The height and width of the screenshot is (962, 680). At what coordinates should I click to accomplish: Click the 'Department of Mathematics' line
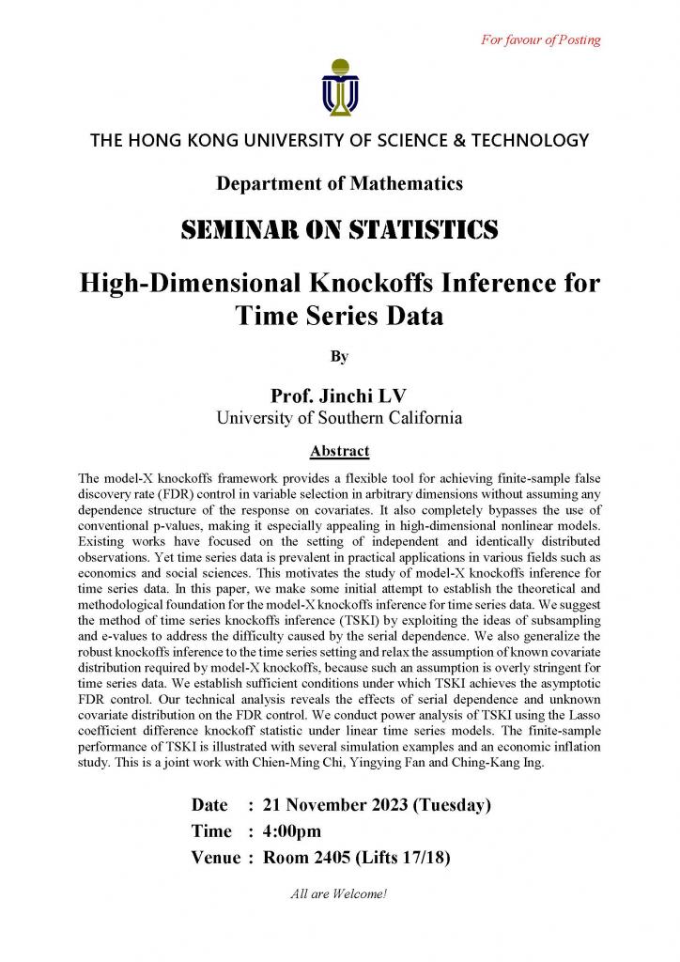pyautogui.click(x=339, y=183)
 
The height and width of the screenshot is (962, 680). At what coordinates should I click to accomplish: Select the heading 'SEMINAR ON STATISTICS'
pyautogui.click(x=339, y=229)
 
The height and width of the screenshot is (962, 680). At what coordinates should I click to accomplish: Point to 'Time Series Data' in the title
pyautogui.click(x=339, y=315)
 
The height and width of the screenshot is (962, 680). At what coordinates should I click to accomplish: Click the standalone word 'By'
pyautogui.click(x=339, y=356)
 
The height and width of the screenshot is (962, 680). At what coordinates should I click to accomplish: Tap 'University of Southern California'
pyautogui.click(x=339, y=418)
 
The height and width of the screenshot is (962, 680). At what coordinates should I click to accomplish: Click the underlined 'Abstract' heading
pyautogui.click(x=339, y=451)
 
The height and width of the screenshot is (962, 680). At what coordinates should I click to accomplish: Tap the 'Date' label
pyautogui.click(x=209, y=805)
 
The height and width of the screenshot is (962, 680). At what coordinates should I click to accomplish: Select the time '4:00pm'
pyautogui.click(x=292, y=830)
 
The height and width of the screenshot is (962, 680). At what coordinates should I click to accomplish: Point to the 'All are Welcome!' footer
pyautogui.click(x=339, y=893)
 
